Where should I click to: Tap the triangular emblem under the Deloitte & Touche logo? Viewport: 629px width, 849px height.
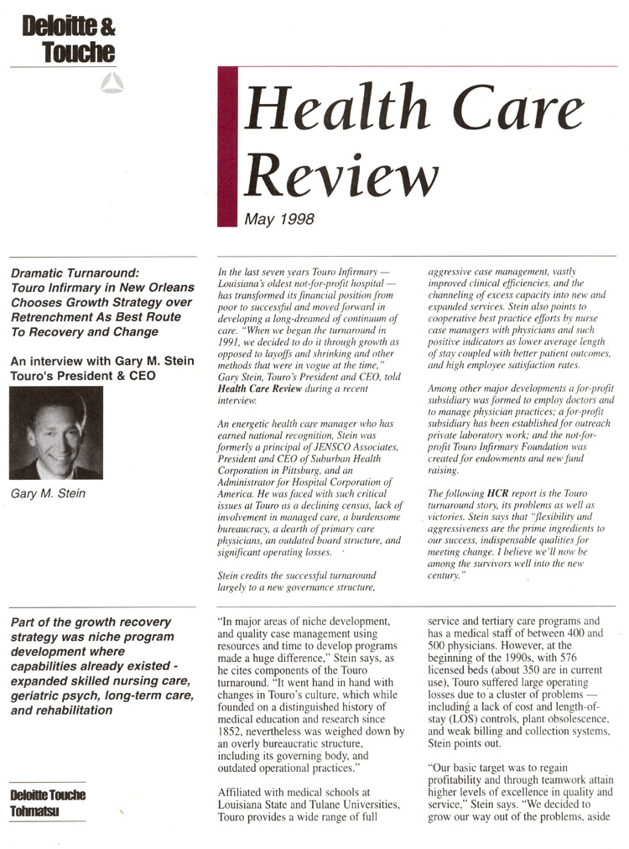[111, 81]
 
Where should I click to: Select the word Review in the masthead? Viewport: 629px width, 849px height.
[341, 174]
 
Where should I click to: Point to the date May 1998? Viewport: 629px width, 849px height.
[279, 220]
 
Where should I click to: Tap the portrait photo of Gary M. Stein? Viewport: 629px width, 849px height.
[56, 432]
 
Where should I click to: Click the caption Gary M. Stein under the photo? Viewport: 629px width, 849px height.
[48, 493]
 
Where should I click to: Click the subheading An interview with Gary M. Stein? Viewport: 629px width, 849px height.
[101, 361]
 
